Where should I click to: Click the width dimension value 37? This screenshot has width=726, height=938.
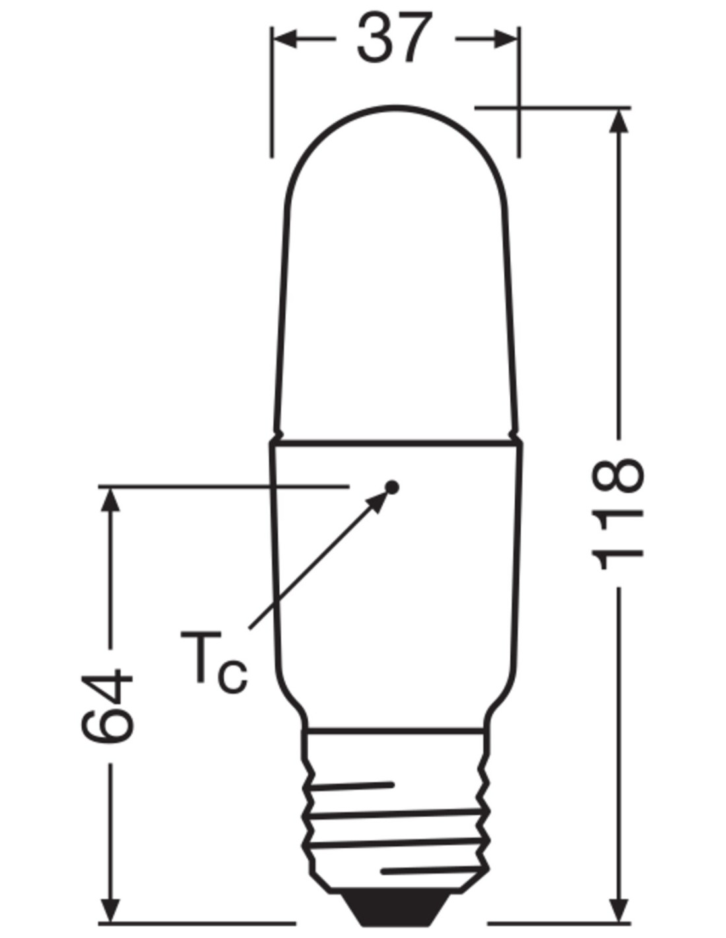pyautogui.click(x=393, y=38)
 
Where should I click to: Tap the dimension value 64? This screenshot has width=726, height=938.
pyautogui.click(x=107, y=705)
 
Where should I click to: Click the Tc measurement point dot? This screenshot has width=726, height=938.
pyautogui.click(x=392, y=487)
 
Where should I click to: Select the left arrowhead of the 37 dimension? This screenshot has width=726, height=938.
pyautogui.click(x=285, y=39)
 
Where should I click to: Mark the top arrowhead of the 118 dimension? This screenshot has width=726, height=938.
pyautogui.click(x=618, y=121)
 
